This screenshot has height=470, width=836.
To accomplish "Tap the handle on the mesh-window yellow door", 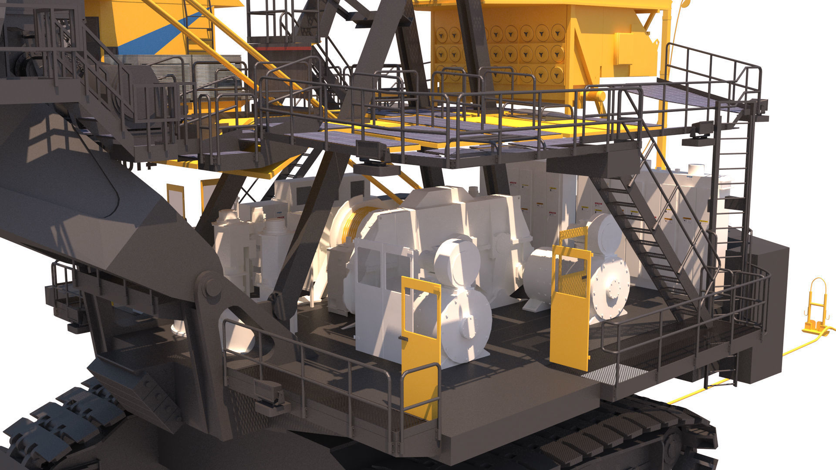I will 582,276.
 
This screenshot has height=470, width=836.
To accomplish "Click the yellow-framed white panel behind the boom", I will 175,198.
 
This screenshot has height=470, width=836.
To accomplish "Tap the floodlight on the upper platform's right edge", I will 701,128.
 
